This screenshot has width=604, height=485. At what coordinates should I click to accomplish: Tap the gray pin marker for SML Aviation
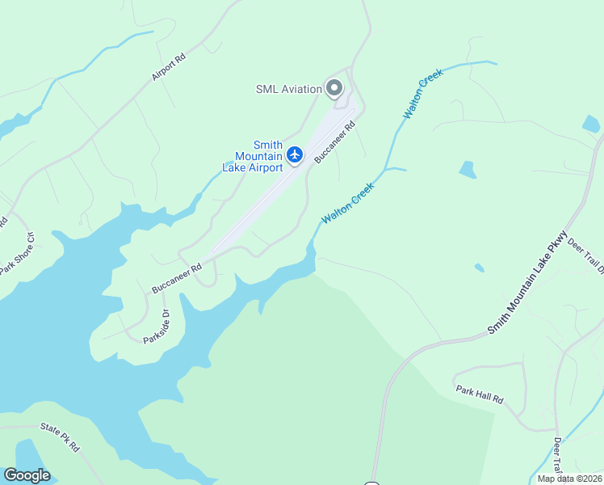tap(333, 88)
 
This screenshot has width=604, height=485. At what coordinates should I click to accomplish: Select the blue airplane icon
tap(295, 154)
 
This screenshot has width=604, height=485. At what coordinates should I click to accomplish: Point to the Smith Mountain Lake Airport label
tap(253, 156)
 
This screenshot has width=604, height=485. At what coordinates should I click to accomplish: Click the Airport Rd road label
tap(169, 67)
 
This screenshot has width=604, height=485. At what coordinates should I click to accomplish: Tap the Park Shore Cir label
tap(18, 253)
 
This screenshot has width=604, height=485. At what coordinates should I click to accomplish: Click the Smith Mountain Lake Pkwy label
tap(528, 285)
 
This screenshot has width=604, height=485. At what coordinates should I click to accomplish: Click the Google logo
tap(27, 475)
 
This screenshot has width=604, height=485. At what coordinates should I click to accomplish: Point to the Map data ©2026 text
tap(568, 479)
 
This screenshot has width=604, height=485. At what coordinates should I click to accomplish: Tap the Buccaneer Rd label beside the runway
tap(335, 142)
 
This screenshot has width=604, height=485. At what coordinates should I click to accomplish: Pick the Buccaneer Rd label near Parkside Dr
tap(176, 277)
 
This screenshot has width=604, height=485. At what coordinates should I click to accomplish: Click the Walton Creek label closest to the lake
tap(348, 204)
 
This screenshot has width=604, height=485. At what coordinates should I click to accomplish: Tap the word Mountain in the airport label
tap(258, 156)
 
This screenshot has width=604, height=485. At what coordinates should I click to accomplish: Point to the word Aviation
tap(304, 89)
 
